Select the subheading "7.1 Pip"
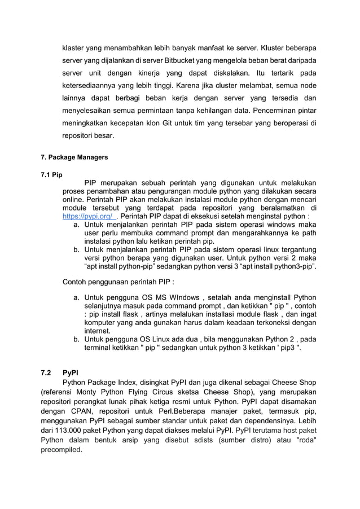click(x=51, y=174)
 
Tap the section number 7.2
click(x=46, y=372)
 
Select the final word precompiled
click(x=62, y=450)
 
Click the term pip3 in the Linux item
click(x=287, y=348)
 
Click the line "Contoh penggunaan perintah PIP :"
click(x=118, y=281)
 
